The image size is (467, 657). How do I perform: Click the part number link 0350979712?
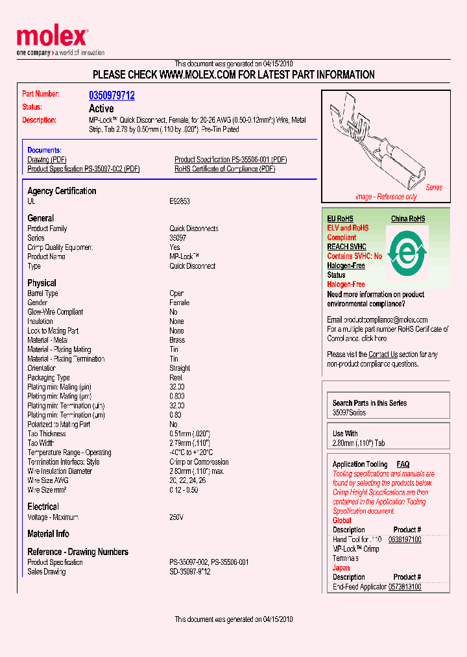pyautogui.click(x=112, y=95)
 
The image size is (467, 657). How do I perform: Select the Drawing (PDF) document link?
pyautogui.click(x=47, y=160)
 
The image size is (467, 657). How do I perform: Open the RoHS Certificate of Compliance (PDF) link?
pyautogui.click(x=224, y=169)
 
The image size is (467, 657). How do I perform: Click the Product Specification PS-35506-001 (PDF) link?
pyautogui.click(x=230, y=160)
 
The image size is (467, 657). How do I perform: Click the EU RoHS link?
pyautogui.click(x=340, y=219)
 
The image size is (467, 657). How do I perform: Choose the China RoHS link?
pyautogui.click(x=408, y=219)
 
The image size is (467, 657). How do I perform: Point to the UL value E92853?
pyautogui.click(x=180, y=202)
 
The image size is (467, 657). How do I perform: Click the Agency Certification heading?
pyautogui.click(x=62, y=191)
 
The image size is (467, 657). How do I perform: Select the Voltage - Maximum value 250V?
pyautogui.click(x=176, y=517)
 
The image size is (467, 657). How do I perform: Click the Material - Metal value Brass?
pyautogui.click(x=177, y=340)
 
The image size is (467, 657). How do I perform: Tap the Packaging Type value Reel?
pyautogui.click(x=176, y=378)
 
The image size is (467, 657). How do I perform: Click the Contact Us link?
pyautogui.click(x=383, y=354)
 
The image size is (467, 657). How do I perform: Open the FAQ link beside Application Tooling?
pyautogui.click(x=403, y=464)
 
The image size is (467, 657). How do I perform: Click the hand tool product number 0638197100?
pyautogui.click(x=405, y=539)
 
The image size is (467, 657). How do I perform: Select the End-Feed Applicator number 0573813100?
pyautogui.click(x=405, y=587)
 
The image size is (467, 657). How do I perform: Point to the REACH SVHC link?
pyautogui.click(x=346, y=247)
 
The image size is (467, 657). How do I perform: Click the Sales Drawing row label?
pyautogui.click(x=46, y=572)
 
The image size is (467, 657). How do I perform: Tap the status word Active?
pyautogui.click(x=101, y=108)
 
